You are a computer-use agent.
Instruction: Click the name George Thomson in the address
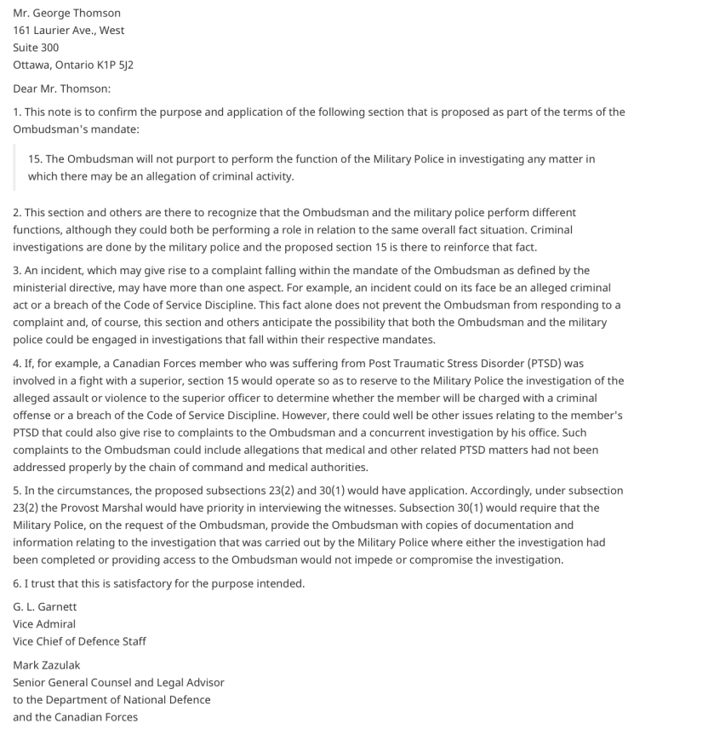tap(77, 13)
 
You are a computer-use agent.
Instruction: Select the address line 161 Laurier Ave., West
tap(68, 30)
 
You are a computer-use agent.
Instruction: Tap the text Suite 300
tap(36, 48)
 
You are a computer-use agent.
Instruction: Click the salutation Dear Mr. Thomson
tap(61, 89)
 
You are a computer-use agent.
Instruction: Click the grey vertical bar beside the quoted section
tap(14, 168)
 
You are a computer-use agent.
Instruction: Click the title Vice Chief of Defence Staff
tap(79, 641)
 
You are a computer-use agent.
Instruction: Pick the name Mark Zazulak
tap(47, 664)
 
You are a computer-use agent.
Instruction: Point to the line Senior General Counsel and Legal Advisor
tap(118, 682)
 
